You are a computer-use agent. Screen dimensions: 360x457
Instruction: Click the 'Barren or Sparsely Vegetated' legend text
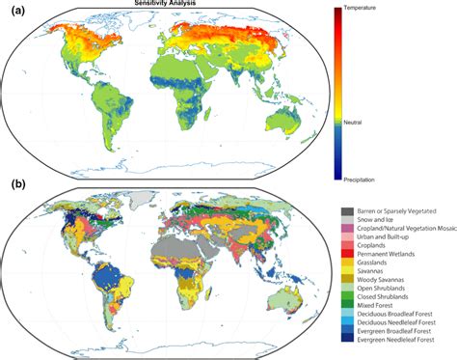398,209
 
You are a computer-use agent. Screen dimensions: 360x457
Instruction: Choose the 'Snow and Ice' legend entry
377,219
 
